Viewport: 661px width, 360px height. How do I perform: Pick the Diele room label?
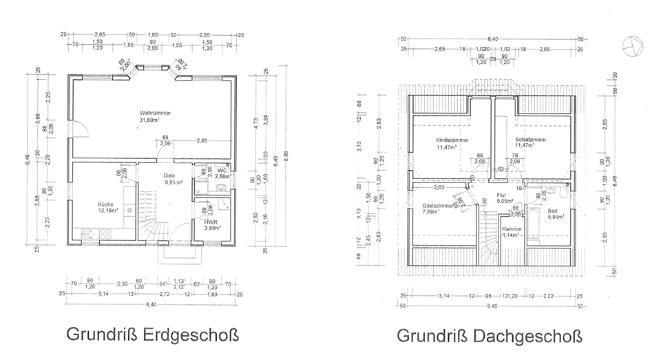169,175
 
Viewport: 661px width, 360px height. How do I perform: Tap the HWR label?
210,223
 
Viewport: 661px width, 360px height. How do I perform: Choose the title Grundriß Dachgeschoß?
488,337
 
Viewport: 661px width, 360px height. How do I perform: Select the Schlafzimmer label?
530,140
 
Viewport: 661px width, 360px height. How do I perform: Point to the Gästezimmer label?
438,205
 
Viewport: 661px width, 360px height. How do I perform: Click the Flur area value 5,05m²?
497,183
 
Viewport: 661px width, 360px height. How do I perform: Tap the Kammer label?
512,229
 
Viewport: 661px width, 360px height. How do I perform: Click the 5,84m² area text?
555,217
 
